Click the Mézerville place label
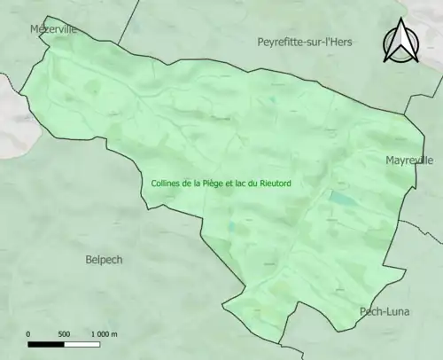tap(53, 29)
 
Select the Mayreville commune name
tap(409, 160)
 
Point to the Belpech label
tap(104, 260)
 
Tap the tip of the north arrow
tap(399, 21)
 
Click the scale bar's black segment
tap(46, 343)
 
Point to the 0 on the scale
tap(29, 333)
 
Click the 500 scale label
tap(64, 333)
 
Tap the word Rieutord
tap(276, 184)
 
